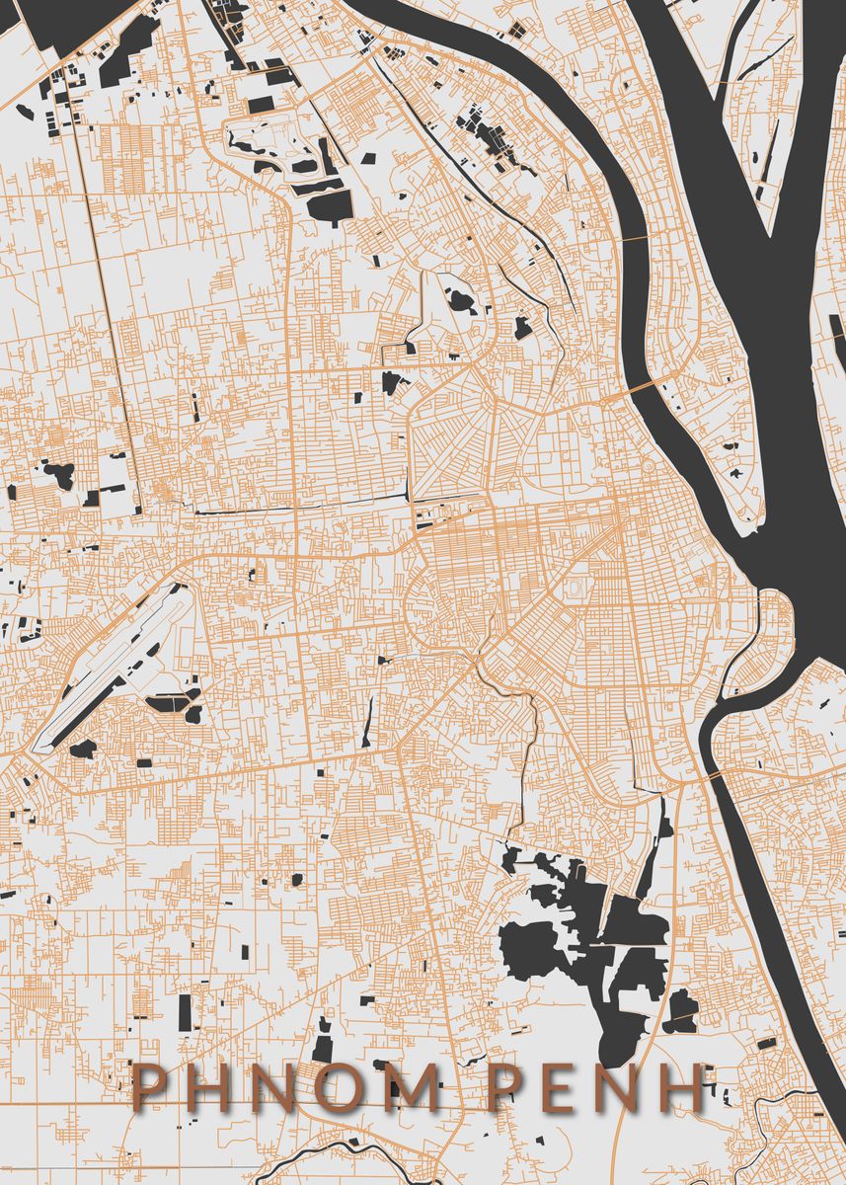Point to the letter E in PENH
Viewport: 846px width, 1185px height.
[x=562, y=1088]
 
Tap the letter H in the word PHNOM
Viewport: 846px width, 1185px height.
[x=210, y=1088]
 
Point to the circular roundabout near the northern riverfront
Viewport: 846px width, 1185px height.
[x=648, y=463]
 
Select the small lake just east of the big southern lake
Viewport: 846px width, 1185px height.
[x=680, y=1010]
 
